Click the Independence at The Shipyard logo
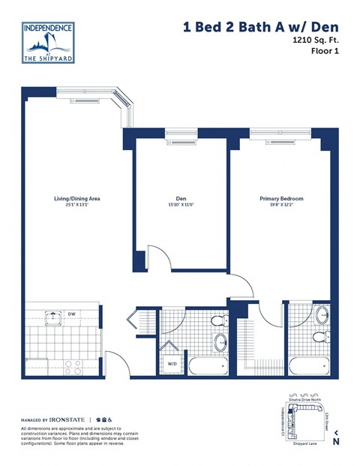[x=48, y=42]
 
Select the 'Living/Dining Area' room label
[x=76, y=199]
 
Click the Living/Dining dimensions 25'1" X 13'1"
[x=76, y=206]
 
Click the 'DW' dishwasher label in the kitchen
[x=70, y=314]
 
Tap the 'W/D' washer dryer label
[x=172, y=364]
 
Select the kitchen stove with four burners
[x=73, y=366]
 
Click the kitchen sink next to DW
[x=52, y=317]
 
